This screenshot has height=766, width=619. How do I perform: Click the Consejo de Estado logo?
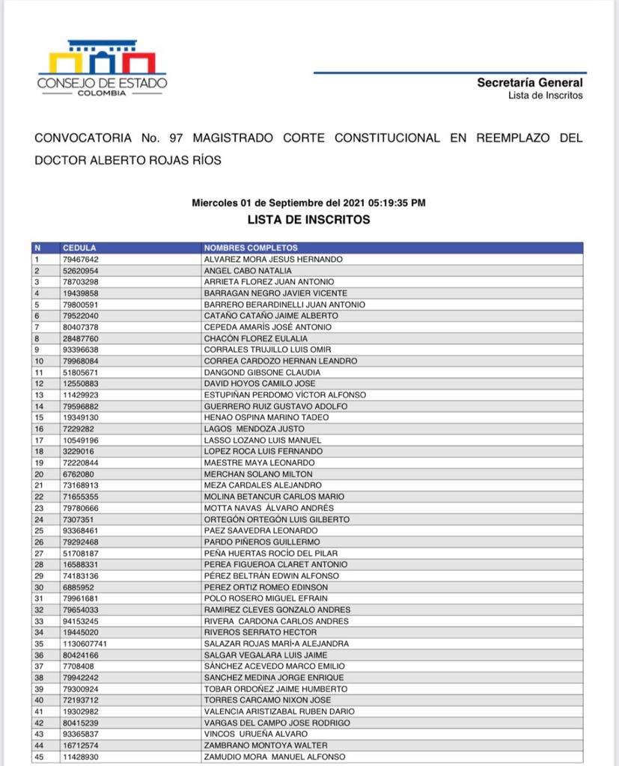click(x=103, y=68)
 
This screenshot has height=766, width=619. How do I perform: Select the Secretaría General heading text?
click(x=529, y=83)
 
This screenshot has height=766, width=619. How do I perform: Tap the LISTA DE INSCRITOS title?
click(x=309, y=220)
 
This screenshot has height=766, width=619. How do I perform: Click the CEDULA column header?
click(x=79, y=248)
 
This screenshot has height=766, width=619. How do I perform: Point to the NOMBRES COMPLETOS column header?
click(x=251, y=248)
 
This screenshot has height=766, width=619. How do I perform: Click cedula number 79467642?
click(x=81, y=259)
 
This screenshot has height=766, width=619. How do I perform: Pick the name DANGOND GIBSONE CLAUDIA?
click(x=262, y=372)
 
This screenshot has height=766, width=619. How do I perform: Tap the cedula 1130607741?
click(x=85, y=643)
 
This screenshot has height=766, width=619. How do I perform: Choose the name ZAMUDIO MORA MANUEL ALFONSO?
click(x=275, y=757)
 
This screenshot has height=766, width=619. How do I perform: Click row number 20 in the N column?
click(x=39, y=474)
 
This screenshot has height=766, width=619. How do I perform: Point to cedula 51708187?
click(x=81, y=553)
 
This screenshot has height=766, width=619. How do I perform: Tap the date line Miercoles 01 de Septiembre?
click(x=309, y=203)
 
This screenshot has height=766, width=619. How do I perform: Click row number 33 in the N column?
click(x=39, y=621)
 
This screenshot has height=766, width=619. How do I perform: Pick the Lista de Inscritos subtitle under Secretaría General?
click(x=545, y=95)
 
